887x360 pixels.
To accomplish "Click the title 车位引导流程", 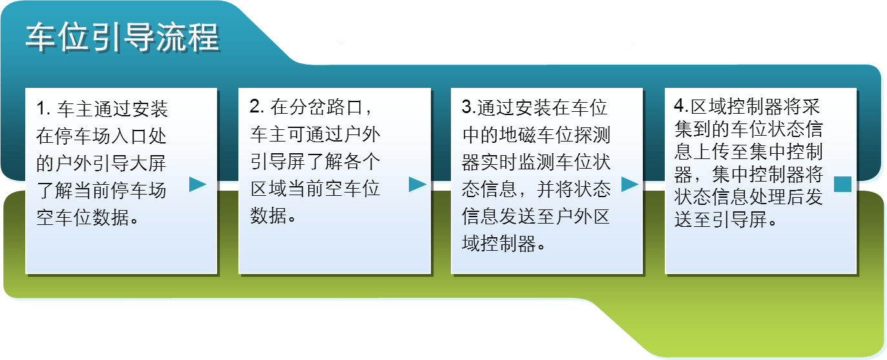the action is [x=123, y=37].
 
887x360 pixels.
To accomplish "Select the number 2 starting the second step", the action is [x=255, y=107].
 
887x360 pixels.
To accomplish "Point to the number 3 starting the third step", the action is [x=467, y=107].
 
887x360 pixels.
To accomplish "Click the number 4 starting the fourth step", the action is [x=680, y=105].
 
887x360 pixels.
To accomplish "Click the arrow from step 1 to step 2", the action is [x=198, y=184].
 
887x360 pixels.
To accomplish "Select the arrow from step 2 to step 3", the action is [x=417, y=184].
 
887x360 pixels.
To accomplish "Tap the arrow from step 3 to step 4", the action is [x=630, y=184].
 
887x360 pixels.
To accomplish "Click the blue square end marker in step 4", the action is [x=842, y=184].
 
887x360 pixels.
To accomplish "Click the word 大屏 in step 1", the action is [x=149, y=163].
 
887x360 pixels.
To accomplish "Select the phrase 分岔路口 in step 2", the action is [x=326, y=107].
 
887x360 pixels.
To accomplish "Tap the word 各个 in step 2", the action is [x=362, y=162].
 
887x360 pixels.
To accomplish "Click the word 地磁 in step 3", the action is [x=518, y=135].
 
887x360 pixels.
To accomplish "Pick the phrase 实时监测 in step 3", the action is [x=518, y=162].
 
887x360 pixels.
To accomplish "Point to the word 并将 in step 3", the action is [x=555, y=189].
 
